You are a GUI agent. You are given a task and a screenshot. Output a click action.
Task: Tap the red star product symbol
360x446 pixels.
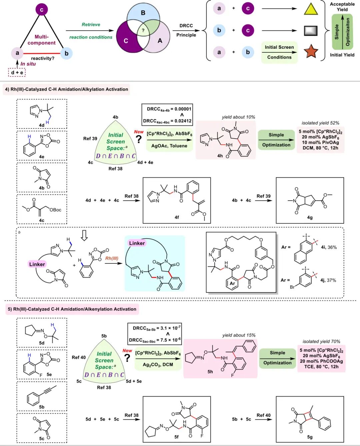pos(311,51)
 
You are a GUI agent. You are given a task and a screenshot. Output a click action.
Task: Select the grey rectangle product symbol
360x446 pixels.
pos(311,31)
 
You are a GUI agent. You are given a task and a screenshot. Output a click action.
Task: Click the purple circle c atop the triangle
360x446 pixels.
pos(42,9)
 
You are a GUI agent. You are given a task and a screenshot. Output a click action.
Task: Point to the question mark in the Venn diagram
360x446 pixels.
pos(143,30)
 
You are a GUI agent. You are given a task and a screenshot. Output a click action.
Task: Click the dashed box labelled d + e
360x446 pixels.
pos(17,72)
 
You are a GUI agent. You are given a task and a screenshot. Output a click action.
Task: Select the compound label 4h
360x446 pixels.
pos(220,156)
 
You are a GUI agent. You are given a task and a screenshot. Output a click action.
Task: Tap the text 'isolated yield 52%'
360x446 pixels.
pos(320,123)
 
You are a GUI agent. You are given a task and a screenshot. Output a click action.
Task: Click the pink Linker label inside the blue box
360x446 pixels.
pos(137,243)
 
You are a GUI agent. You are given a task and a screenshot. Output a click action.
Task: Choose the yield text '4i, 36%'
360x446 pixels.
pos(329,247)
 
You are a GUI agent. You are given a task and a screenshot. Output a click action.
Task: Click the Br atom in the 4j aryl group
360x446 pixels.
pos(292,287)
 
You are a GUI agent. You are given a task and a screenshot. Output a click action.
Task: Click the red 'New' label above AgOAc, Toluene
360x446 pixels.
pos(139,132)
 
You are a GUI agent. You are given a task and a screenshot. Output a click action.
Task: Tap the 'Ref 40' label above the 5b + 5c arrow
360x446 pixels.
pos(263,415)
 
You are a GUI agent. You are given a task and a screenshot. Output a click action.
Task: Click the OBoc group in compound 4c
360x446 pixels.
pos(56,210)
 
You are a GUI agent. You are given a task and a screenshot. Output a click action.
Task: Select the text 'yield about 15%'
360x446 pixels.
pos(239,335)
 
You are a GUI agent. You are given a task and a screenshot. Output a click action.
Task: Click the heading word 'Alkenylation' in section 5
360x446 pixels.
pos(100,309)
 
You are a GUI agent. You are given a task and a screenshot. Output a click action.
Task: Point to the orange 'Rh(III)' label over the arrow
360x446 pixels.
pos(112,258)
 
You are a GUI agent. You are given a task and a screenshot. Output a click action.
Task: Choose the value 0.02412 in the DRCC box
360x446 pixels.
pos(183,121)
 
